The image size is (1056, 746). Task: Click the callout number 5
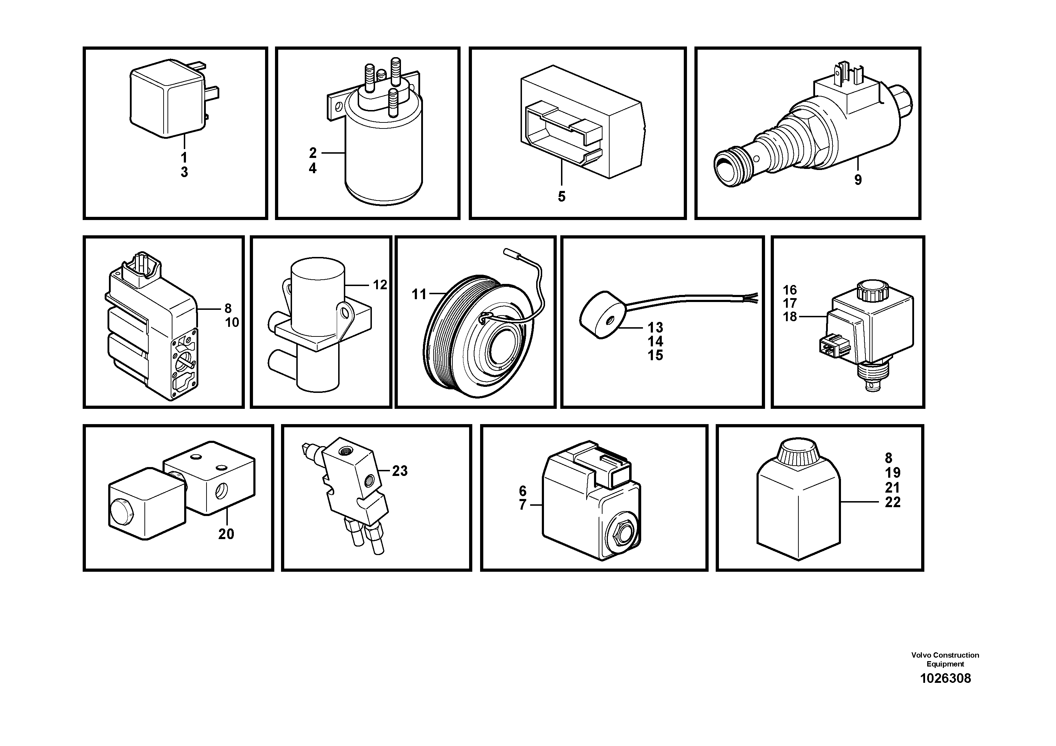pyautogui.click(x=562, y=197)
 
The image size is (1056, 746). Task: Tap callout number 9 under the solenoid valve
pyautogui.click(x=858, y=180)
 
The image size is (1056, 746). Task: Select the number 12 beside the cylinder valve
pyautogui.click(x=380, y=285)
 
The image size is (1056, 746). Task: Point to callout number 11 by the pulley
pyautogui.click(x=419, y=294)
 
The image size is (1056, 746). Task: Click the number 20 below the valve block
pyautogui.click(x=226, y=534)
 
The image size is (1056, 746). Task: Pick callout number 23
pyautogui.click(x=400, y=471)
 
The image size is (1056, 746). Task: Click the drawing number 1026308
pyautogui.click(x=945, y=678)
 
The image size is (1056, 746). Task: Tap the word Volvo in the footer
pyautogui.click(x=921, y=655)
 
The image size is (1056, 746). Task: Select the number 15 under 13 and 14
pyautogui.click(x=655, y=356)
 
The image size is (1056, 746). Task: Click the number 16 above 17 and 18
pyautogui.click(x=790, y=290)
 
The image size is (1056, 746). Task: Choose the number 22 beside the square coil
pyautogui.click(x=893, y=502)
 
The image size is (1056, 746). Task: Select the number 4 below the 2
pyautogui.click(x=313, y=169)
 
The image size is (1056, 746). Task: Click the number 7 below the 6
pyautogui.click(x=522, y=505)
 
